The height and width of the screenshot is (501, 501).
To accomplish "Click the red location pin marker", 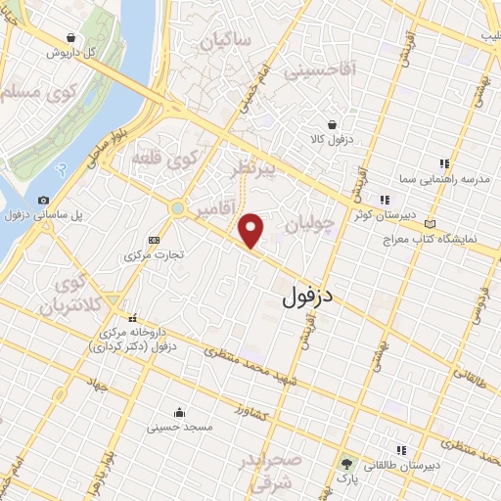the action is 251,229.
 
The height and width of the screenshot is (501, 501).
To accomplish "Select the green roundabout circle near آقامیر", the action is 177,208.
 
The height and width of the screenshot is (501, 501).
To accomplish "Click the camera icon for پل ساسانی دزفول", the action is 43,201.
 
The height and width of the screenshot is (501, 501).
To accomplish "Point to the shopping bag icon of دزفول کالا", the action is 334,125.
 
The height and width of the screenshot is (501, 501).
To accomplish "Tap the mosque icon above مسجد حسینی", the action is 178,412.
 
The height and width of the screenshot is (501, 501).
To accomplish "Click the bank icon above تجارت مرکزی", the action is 154,240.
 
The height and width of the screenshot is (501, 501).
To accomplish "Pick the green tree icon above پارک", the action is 345,463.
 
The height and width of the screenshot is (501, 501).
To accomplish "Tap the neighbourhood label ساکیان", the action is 226,42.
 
